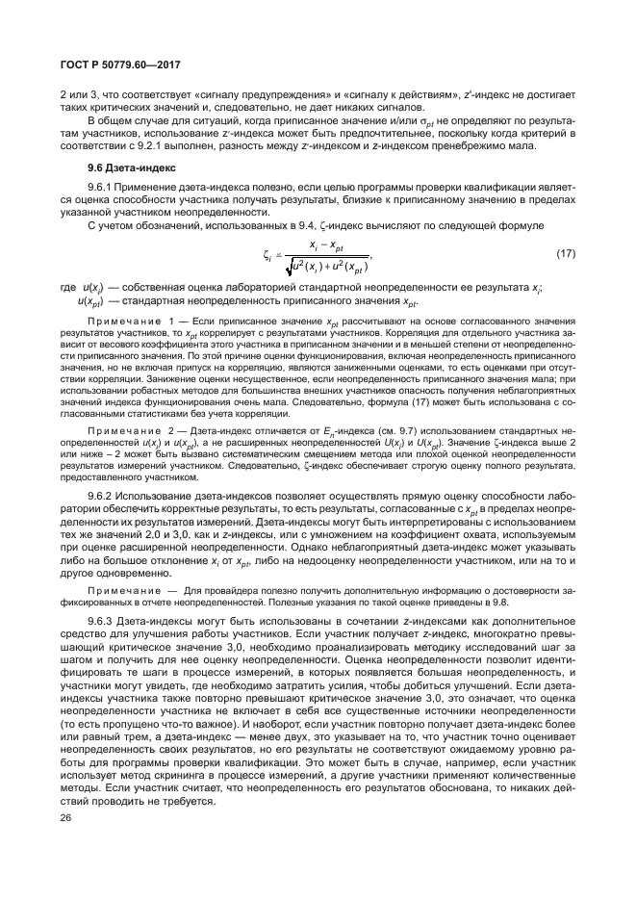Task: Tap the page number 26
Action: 66,817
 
